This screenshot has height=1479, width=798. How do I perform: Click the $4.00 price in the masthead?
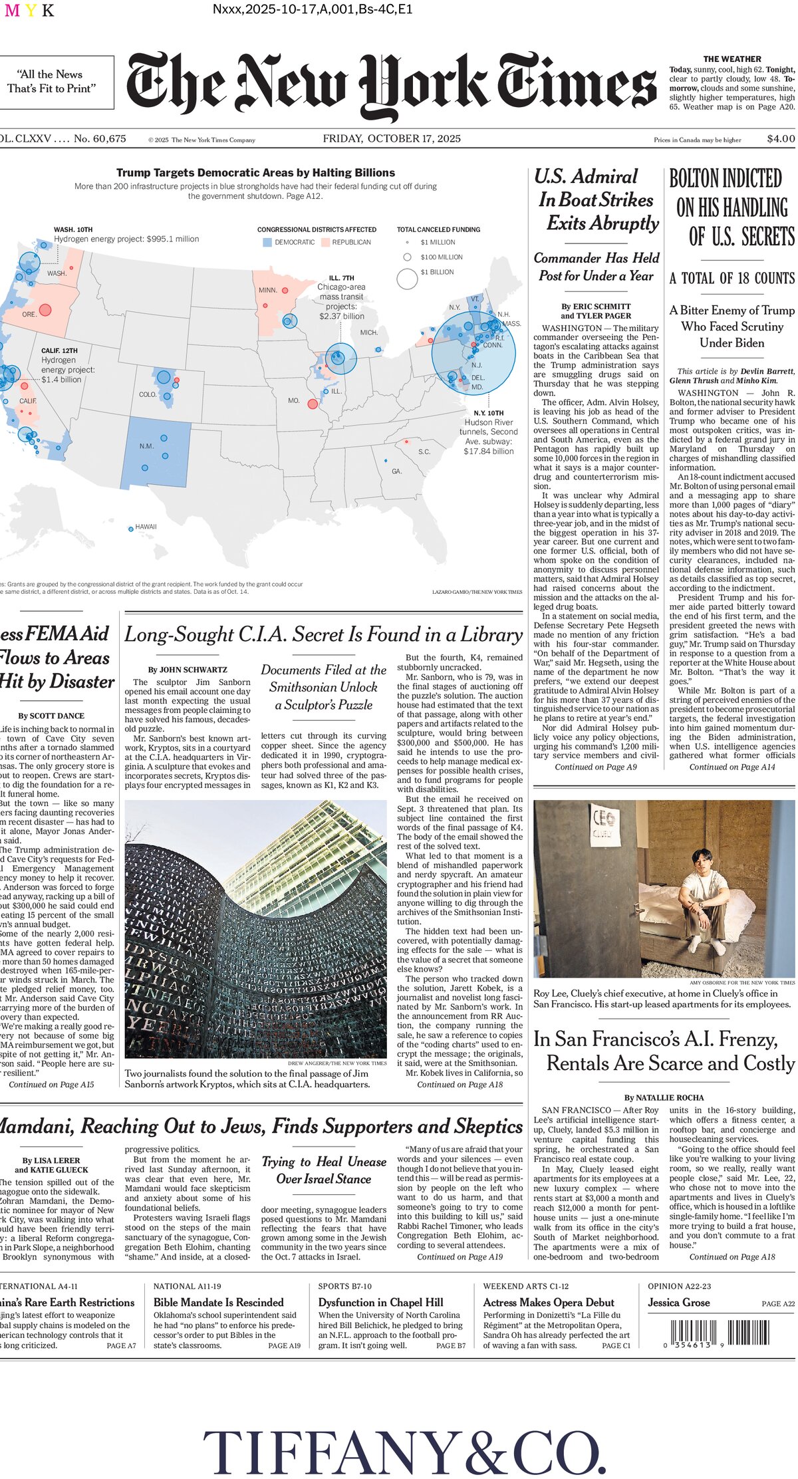click(780, 139)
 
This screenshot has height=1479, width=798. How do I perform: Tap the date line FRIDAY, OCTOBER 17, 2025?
click(392, 138)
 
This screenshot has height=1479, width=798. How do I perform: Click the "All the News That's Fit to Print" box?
click(51, 82)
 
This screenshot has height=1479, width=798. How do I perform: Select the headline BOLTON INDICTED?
click(726, 179)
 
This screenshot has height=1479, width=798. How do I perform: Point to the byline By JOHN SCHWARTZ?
click(188, 670)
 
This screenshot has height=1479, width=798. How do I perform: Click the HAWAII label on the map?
click(146, 527)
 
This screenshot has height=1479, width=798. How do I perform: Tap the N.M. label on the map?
click(146, 446)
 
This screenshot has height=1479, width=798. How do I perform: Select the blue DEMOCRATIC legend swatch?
click(267, 242)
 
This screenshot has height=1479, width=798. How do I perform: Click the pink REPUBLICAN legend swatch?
click(325, 242)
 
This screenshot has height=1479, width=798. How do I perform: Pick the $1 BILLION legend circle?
click(407, 279)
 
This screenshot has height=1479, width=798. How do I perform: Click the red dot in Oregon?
click(45, 309)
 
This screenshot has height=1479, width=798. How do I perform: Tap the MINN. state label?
click(267, 291)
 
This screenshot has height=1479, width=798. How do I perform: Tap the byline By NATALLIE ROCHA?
click(664, 1097)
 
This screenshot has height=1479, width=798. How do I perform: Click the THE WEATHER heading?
click(731, 59)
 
